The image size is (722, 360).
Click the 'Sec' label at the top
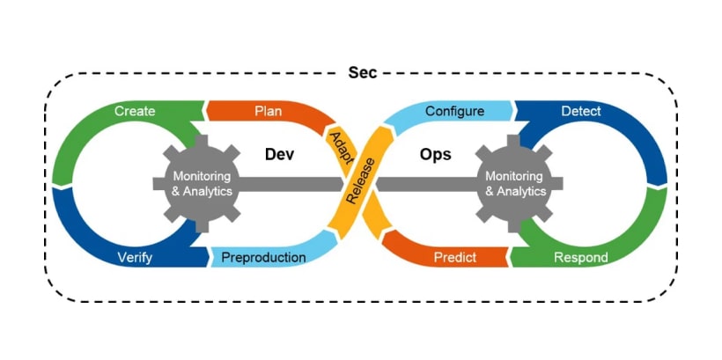pos(362,72)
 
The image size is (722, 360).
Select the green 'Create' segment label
pos(135,111)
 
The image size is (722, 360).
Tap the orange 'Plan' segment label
pos(268,111)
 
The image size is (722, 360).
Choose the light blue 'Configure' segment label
pos(454,111)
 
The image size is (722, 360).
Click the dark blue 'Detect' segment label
pos(581,111)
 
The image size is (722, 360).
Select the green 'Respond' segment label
pos(580,258)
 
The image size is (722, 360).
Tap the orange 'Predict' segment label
pos(455,258)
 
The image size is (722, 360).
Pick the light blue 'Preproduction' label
pos(263,258)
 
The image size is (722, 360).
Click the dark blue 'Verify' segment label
pos(135,258)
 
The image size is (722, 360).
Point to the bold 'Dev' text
pos(278,154)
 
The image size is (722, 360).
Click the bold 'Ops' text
pos(436,154)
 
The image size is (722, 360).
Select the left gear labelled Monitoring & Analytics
pos(203,183)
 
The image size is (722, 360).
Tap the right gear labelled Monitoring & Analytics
pos(516,183)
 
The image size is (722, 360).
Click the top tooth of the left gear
pos(203,142)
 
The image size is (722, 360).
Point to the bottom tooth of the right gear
pos(516,225)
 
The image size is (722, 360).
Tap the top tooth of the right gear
pos(516,142)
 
